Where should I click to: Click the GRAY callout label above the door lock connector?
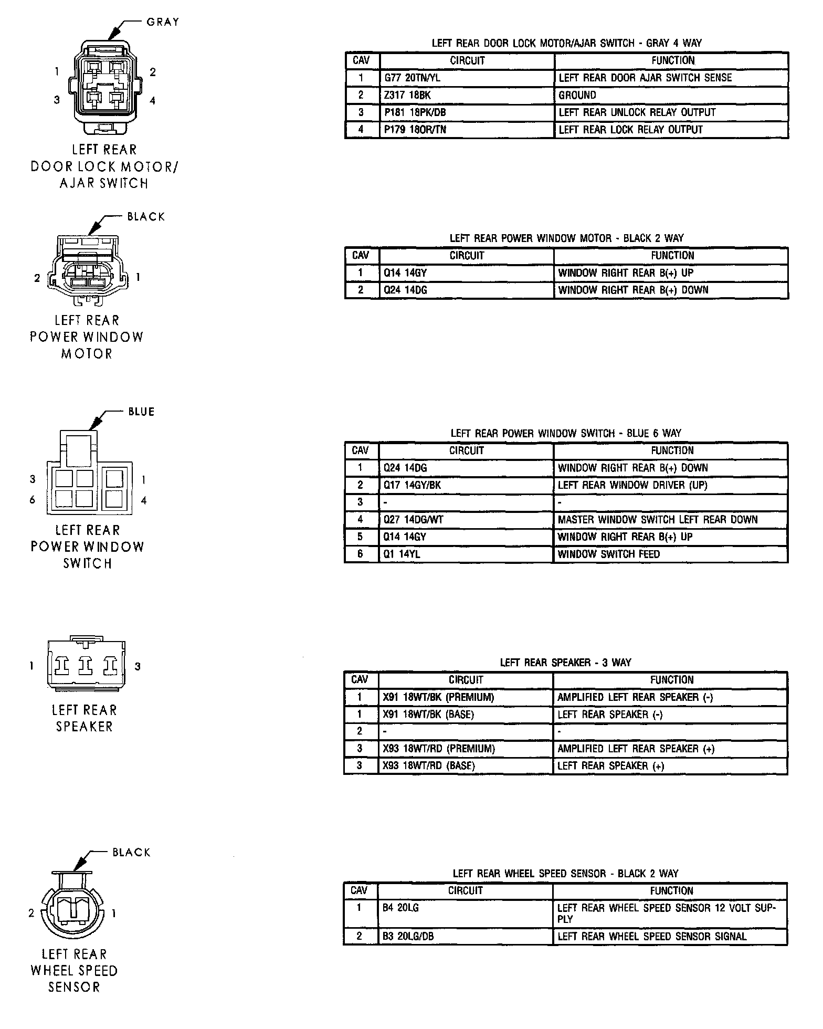click(x=163, y=22)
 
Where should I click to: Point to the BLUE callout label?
click(x=141, y=412)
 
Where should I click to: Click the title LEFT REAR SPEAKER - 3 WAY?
click(x=565, y=663)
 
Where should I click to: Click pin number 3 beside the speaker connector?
click(x=138, y=666)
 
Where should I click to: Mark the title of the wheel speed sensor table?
click(x=565, y=874)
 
